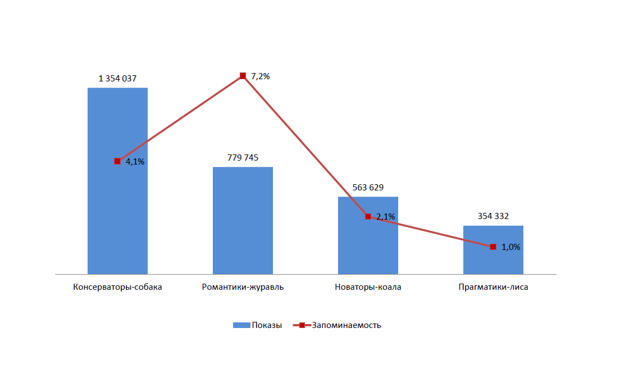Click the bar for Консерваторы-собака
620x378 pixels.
tap(117, 213)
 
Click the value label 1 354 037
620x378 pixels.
tap(117, 79)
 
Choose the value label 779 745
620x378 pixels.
tap(243, 158)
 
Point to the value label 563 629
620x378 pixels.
tap(368, 188)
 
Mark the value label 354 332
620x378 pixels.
tap(493, 216)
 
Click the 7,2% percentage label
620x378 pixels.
tap(261, 76)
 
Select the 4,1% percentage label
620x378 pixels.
tap(135, 162)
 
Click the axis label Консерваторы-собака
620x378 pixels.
tap(117, 287)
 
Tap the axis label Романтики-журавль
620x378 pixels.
tap(243, 287)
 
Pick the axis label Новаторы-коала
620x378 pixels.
tap(368, 287)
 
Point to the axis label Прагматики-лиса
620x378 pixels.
tap(493, 287)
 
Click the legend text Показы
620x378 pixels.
tap(267, 325)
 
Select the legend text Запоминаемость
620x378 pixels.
tap(346, 325)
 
